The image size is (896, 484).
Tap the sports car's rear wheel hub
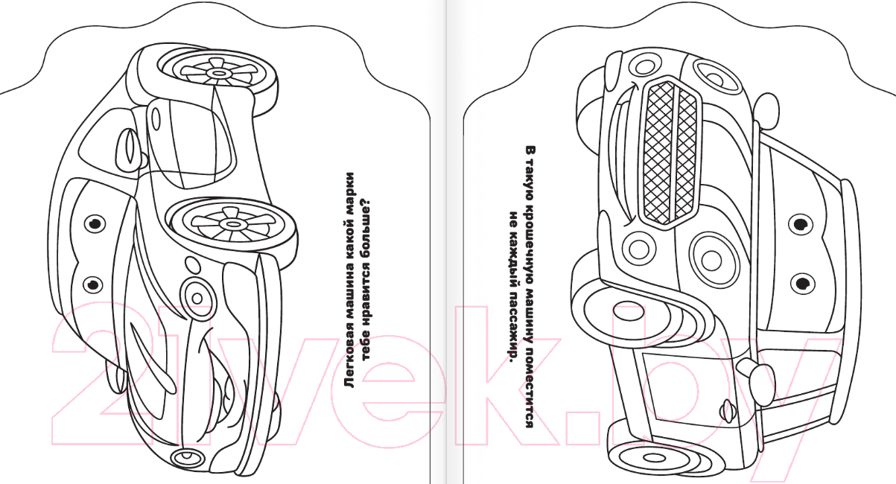point(218,73)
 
